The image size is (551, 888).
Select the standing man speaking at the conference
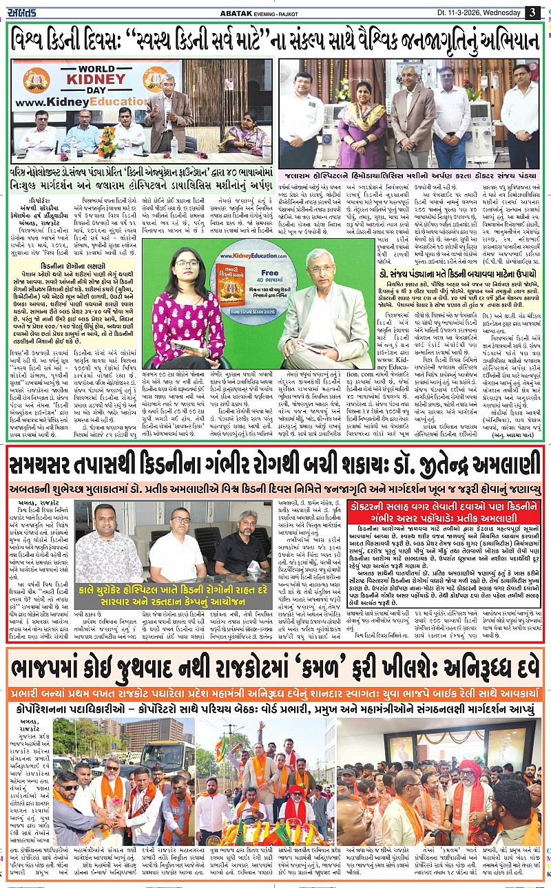pyautogui.click(x=167, y=114)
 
